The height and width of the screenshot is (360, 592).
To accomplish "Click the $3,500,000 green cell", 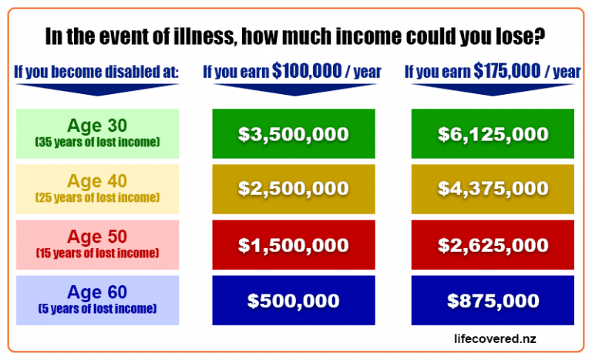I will click(294, 134).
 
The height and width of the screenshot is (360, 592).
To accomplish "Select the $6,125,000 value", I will click(493, 134).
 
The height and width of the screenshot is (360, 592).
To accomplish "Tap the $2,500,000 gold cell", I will click(294, 188).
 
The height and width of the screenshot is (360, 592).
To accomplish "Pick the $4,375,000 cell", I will click(493, 188).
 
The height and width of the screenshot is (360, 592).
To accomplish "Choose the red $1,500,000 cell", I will click(294, 245).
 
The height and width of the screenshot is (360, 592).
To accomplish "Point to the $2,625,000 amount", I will click(493, 245).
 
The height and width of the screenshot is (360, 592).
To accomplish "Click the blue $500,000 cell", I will click(294, 301).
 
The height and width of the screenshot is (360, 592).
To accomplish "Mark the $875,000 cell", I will click(493, 301).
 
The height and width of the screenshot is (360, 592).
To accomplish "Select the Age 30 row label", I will click(97, 126).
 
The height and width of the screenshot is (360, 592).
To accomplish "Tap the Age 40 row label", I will click(97, 181).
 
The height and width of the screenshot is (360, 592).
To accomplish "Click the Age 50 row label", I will click(97, 237).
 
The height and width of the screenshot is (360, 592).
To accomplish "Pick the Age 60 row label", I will click(97, 292).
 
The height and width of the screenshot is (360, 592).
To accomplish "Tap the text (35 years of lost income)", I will click(97, 142).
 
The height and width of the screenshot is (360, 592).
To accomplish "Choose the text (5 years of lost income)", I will click(97, 308).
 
